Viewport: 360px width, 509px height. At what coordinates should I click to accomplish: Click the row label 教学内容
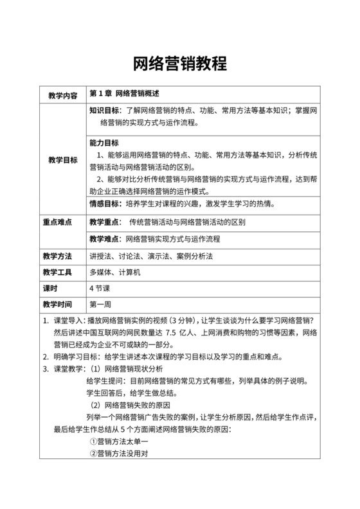[63, 96]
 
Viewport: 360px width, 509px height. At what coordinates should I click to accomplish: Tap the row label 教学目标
[63, 159]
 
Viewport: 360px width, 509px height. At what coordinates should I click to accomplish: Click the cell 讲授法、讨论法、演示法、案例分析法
[150, 256]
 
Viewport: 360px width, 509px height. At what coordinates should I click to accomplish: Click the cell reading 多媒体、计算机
[115, 272]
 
